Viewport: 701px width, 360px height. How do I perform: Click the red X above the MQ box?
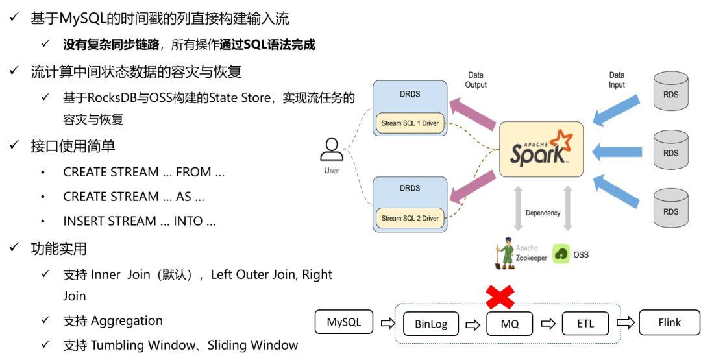coord(500,297)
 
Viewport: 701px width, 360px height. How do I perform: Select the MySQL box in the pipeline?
coord(343,322)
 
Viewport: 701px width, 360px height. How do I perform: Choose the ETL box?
coord(585,324)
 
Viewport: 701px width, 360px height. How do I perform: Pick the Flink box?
coord(669,322)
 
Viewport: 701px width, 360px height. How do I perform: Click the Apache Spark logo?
coord(541,149)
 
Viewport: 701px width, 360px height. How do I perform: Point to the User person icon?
coord(332,150)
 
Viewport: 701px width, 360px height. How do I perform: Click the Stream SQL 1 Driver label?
coord(410,123)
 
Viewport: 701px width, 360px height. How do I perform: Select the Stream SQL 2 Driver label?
coord(410,218)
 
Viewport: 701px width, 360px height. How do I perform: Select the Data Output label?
coord(476,80)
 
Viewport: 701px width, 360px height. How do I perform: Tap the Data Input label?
coord(617,80)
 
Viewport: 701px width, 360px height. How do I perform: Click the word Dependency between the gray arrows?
coord(543,213)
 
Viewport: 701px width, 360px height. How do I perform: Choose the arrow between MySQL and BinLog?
coord(387,323)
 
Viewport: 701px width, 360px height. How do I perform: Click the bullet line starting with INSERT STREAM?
coord(139,221)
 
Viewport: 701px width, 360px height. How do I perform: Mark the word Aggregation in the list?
coord(127,320)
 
